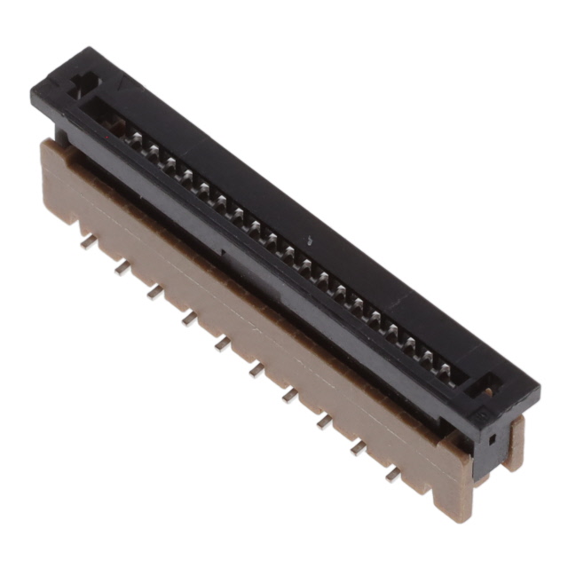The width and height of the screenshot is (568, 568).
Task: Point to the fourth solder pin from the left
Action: click(189, 317)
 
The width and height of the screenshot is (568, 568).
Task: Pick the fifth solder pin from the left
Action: click(222, 343)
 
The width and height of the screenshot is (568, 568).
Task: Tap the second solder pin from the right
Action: click(359, 447)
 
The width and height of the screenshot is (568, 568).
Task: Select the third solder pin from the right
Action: click(325, 421)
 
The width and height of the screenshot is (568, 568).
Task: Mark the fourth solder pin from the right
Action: click(291, 395)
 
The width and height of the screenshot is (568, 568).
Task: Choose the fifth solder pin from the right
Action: click(256, 368)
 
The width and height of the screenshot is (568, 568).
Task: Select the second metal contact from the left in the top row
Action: click(152, 152)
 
